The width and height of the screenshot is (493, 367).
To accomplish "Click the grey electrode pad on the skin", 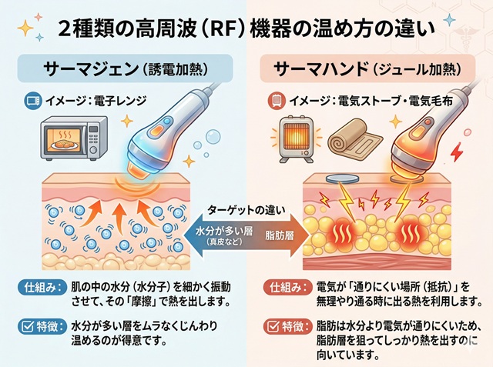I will point(340,182).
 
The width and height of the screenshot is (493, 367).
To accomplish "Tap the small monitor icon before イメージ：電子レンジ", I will point(33,100).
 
